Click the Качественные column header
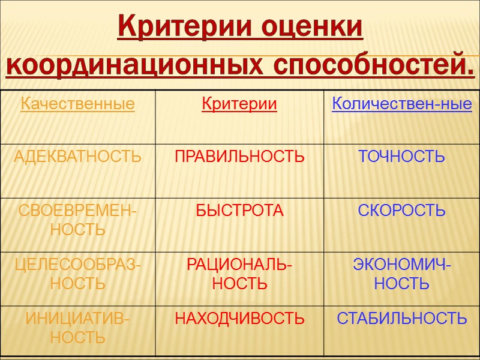(77, 104)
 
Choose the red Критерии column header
(239, 104)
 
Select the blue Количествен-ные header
(401, 104)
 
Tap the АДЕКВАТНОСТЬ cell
(77, 157)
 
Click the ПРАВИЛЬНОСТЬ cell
(239, 157)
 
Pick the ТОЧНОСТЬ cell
(401, 157)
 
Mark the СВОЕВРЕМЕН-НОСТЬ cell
(77, 220)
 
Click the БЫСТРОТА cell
(239, 211)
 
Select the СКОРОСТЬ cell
(401, 211)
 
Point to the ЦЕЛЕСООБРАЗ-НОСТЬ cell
(77, 274)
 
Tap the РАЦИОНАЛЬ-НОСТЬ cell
(239, 274)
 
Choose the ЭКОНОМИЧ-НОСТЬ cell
(401, 274)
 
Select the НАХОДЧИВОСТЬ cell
(239, 319)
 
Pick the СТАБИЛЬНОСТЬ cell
(401, 319)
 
